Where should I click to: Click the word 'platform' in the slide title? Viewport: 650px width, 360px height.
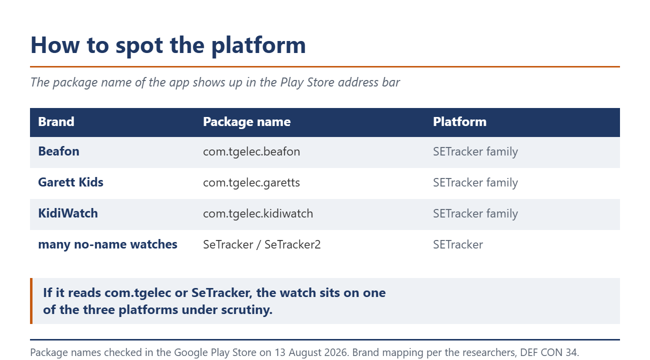tap(258, 46)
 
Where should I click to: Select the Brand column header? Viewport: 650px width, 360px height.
tap(56, 121)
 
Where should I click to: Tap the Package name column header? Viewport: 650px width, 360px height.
tap(246, 122)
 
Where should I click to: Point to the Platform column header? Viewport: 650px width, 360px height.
tap(459, 121)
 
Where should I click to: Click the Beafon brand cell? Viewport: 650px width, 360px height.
tap(58, 151)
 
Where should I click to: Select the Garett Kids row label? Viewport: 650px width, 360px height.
tap(71, 182)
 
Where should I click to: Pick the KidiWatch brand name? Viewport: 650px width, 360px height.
tap(68, 213)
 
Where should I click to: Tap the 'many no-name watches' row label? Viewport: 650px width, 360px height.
tap(107, 244)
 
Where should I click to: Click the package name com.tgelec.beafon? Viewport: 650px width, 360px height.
tap(251, 151)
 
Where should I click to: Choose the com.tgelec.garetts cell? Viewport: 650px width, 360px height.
tap(251, 183)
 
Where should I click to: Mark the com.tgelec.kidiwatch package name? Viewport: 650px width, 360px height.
tap(258, 214)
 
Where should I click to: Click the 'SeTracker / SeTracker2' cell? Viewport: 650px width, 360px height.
tap(261, 244)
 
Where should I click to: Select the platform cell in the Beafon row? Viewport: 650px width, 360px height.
tap(475, 151)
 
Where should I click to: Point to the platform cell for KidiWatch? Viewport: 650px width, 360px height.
tap(475, 214)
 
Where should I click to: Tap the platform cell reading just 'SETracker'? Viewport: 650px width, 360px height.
tap(458, 244)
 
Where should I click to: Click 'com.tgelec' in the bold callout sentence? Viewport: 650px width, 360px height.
tap(138, 293)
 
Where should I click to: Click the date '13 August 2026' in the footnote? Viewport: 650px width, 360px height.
tap(311, 352)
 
